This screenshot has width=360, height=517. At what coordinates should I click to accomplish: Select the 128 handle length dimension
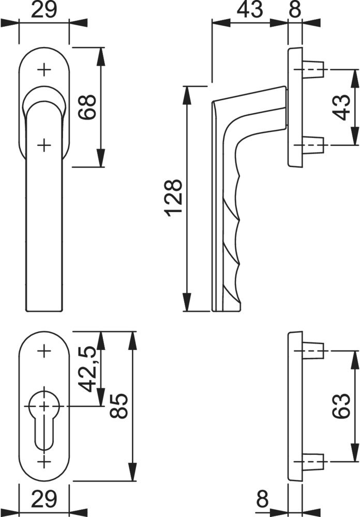coord(174,198)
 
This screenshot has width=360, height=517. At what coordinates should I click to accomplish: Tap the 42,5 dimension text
coord(88,369)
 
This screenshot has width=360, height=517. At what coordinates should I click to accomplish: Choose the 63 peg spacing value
coord(340,406)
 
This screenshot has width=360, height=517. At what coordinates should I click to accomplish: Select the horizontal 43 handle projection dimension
coord(250,10)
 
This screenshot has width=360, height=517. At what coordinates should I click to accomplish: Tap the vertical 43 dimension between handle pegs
coord(341,107)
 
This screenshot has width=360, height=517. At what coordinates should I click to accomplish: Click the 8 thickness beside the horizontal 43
coord(295,10)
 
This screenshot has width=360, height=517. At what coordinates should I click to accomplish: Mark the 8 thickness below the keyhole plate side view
coord(263,499)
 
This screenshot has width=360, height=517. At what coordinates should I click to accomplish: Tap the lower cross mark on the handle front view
coord(44,145)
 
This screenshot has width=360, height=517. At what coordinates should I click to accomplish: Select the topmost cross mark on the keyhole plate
coord(44,352)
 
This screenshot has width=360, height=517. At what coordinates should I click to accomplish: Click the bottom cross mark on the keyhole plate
coord(44,461)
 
